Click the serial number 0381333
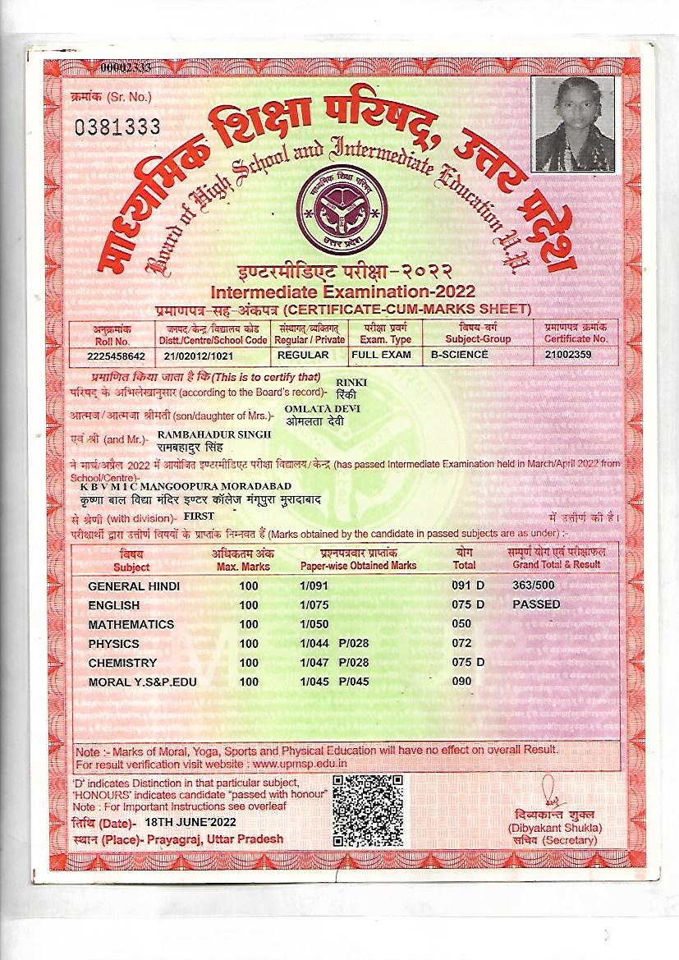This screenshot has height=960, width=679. click(117, 126)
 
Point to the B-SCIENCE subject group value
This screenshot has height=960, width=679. click(460, 355)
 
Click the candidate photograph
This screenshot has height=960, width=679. click(570, 125)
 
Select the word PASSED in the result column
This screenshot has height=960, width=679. click(536, 604)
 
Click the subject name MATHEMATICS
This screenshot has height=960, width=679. click(131, 624)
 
